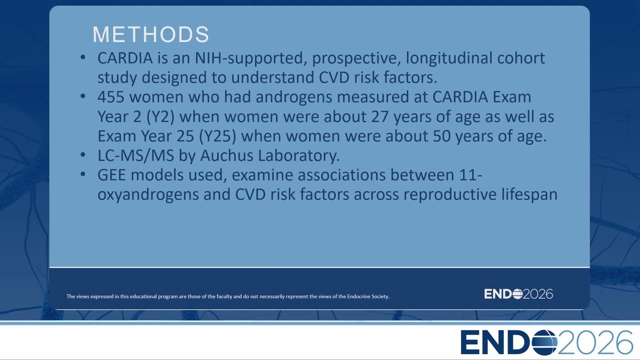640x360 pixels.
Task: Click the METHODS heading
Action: [x=151, y=34]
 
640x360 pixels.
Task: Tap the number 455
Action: [x=111, y=97]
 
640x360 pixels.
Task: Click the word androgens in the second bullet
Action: [x=293, y=97]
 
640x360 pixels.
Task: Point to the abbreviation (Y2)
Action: [x=160, y=117]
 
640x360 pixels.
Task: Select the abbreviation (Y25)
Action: [x=217, y=136]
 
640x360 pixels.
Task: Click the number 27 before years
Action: [x=380, y=116]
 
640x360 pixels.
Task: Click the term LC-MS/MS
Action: [x=135, y=155]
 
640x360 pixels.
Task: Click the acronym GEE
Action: [x=111, y=175]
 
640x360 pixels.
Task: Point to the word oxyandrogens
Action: [x=148, y=195]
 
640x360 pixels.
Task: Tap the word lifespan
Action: [x=529, y=194]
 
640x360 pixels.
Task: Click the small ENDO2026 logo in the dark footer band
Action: [x=518, y=294]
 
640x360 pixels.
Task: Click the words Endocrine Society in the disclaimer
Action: [x=368, y=296]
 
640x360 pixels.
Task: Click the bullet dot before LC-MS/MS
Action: [x=83, y=154]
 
